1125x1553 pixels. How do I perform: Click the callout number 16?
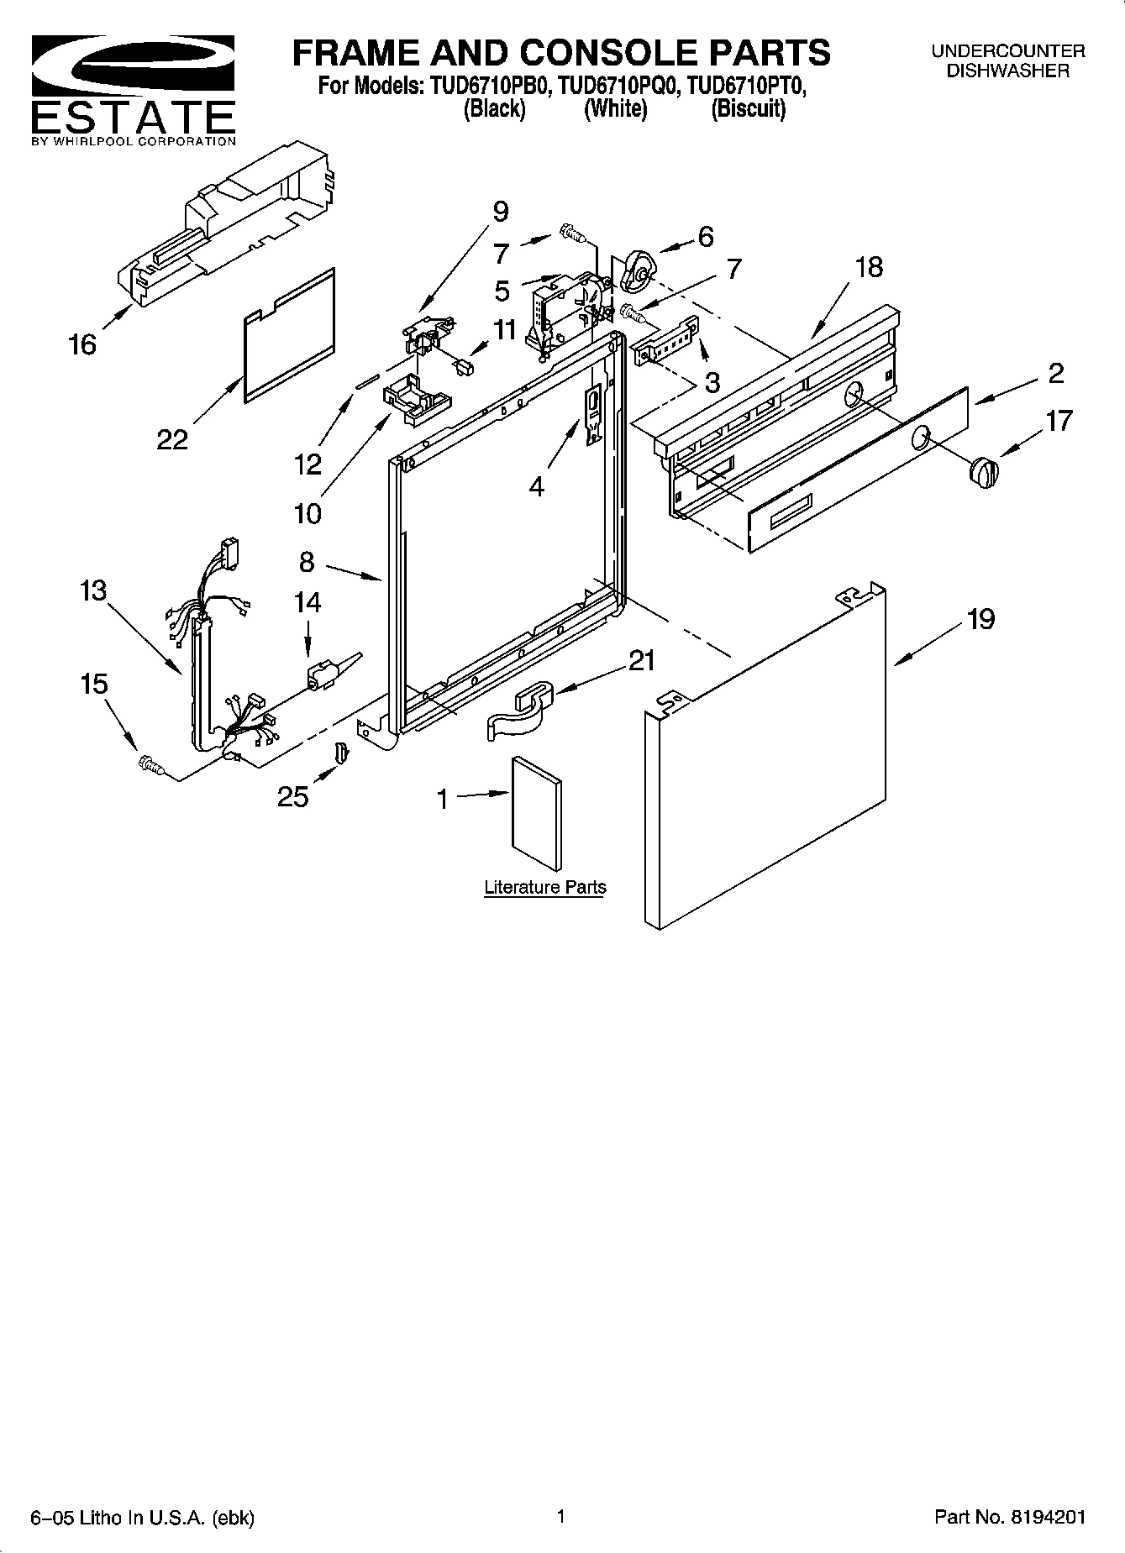click(82, 344)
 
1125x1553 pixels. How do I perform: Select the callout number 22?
click(172, 438)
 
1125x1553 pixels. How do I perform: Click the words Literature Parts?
click(544, 887)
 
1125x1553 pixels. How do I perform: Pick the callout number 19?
click(980, 620)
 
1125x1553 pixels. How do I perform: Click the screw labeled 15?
click(150, 763)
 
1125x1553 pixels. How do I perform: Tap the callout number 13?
click(93, 590)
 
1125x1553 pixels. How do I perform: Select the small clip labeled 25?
click(340, 753)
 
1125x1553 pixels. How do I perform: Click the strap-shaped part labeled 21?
click(518, 710)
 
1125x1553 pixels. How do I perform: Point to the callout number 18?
click(869, 267)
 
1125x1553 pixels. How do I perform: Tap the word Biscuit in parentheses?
click(748, 109)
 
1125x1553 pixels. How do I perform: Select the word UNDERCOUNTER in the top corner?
click(1007, 51)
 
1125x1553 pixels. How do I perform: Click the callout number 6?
click(705, 237)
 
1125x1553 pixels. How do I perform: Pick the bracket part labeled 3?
click(668, 343)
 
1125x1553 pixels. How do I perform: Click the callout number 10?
click(308, 512)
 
